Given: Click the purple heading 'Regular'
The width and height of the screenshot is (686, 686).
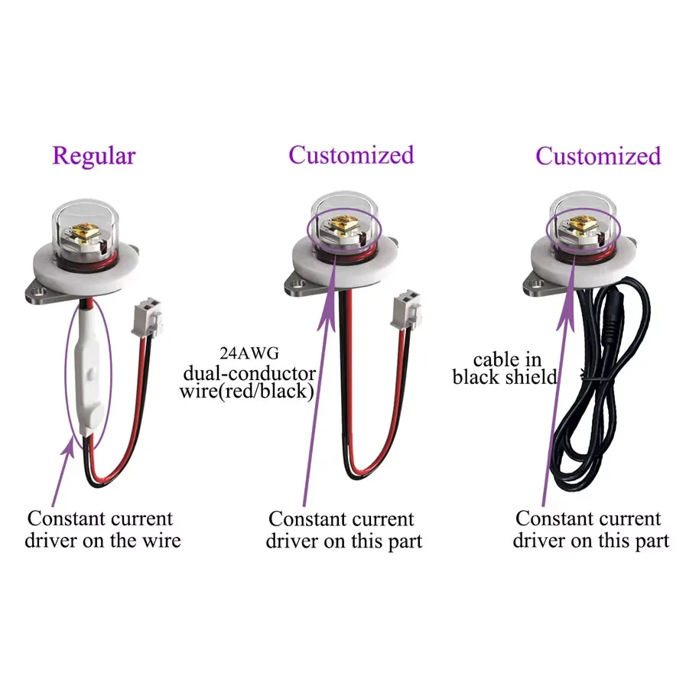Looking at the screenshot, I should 93,156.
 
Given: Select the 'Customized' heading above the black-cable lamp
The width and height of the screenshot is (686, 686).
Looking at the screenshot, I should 597,156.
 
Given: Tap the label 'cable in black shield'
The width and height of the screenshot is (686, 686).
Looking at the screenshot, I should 505,368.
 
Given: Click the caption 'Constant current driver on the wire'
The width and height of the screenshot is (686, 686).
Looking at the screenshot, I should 102,529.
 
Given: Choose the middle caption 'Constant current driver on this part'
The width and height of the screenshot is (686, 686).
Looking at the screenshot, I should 343,530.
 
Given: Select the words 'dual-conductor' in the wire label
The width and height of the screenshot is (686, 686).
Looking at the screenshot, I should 249,373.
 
